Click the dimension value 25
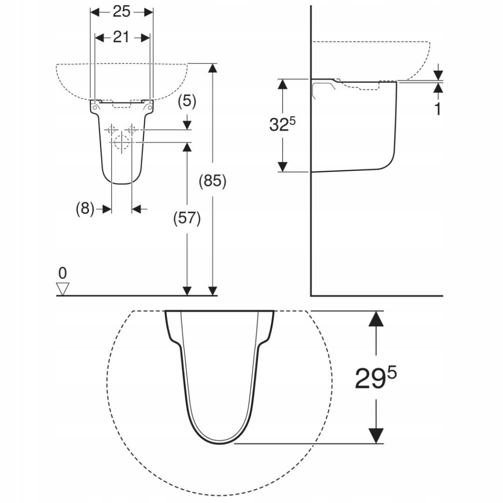pos(121,12)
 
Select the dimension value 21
pos(121,37)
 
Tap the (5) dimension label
pos(187,101)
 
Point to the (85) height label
pos(212,181)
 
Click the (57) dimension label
pos(187,218)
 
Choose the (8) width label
pos(85,209)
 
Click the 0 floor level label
pos(62,272)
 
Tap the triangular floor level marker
pos(62,289)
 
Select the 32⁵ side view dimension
pos(282,125)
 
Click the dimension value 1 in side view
pos(437,109)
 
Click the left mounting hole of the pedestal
pos(95,108)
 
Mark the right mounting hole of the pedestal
pos(149,108)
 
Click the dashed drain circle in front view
pos(121,142)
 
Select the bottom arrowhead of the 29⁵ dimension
pos(376,436)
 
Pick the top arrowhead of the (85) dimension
pos(212,68)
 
